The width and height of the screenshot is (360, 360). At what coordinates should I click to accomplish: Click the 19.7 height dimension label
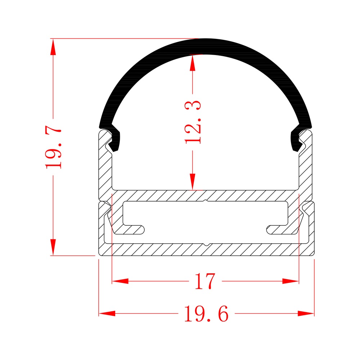click(x=53, y=147)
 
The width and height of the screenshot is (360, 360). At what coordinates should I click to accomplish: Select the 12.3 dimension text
click(x=193, y=122)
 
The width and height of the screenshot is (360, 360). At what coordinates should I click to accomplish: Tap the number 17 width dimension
click(x=205, y=281)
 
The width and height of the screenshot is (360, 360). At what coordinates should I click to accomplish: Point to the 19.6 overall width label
click(x=206, y=314)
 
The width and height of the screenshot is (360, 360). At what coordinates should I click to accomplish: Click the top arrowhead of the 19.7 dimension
click(x=53, y=47)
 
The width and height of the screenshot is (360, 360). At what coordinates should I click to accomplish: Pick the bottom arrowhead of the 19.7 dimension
click(x=53, y=247)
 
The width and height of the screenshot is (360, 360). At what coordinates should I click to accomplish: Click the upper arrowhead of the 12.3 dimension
click(x=193, y=62)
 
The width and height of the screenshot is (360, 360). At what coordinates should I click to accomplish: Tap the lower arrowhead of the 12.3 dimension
click(x=193, y=182)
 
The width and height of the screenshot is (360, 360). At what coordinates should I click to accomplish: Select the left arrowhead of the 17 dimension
click(x=120, y=281)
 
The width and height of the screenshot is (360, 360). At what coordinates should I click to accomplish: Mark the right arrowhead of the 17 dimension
click(x=291, y=281)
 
